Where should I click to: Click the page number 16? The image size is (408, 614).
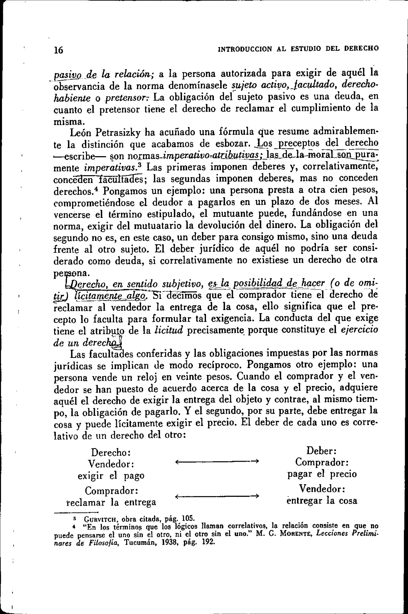click(59, 50)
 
